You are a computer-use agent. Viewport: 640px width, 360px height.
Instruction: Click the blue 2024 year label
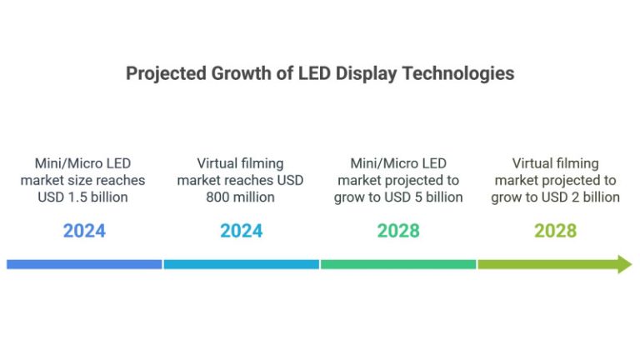click(x=84, y=231)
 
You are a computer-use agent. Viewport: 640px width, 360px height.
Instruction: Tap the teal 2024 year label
click(x=241, y=231)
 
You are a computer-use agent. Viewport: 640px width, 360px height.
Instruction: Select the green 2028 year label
click(x=398, y=231)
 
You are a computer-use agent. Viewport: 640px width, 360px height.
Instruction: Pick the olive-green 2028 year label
click(x=555, y=231)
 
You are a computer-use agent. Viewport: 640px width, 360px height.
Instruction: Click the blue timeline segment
click(x=84, y=264)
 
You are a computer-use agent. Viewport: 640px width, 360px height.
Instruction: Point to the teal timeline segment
click(x=241, y=264)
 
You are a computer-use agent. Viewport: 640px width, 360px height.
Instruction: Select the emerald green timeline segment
click(x=398, y=264)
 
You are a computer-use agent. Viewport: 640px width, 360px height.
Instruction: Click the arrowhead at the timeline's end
click(x=623, y=264)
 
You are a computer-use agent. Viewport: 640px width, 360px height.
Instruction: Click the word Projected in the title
click(x=165, y=73)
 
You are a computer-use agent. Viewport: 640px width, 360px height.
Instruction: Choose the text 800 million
click(x=241, y=197)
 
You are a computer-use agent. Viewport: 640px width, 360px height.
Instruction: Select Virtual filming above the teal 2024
click(x=241, y=163)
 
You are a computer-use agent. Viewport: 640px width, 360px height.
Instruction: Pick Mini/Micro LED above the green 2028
click(x=398, y=163)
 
